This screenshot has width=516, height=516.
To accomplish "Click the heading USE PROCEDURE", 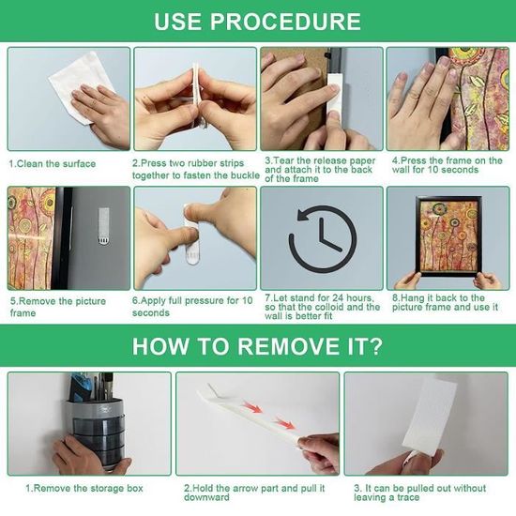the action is (x=257, y=22).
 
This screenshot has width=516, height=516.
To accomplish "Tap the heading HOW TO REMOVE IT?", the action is (x=257, y=346).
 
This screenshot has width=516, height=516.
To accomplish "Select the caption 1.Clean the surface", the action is (x=53, y=163).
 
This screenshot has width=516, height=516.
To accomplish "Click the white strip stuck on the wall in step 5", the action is (x=103, y=226).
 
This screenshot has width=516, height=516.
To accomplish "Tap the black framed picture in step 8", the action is (x=448, y=235).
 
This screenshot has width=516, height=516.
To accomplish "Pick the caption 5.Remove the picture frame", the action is (x=58, y=307).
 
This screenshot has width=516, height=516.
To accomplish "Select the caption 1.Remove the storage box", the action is (x=84, y=488).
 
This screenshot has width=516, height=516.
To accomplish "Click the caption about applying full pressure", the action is (x=192, y=307).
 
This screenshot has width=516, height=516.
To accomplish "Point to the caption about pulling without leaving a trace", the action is (x=420, y=493).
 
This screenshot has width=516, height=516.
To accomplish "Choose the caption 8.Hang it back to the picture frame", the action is (x=445, y=302).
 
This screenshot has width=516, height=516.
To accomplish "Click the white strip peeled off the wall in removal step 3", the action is (x=433, y=416).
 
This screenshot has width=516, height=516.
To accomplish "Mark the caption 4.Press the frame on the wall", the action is (x=447, y=165).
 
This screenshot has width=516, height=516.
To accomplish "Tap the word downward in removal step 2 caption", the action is (x=206, y=497).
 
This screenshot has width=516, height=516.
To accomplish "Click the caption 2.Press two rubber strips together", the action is (x=196, y=169).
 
